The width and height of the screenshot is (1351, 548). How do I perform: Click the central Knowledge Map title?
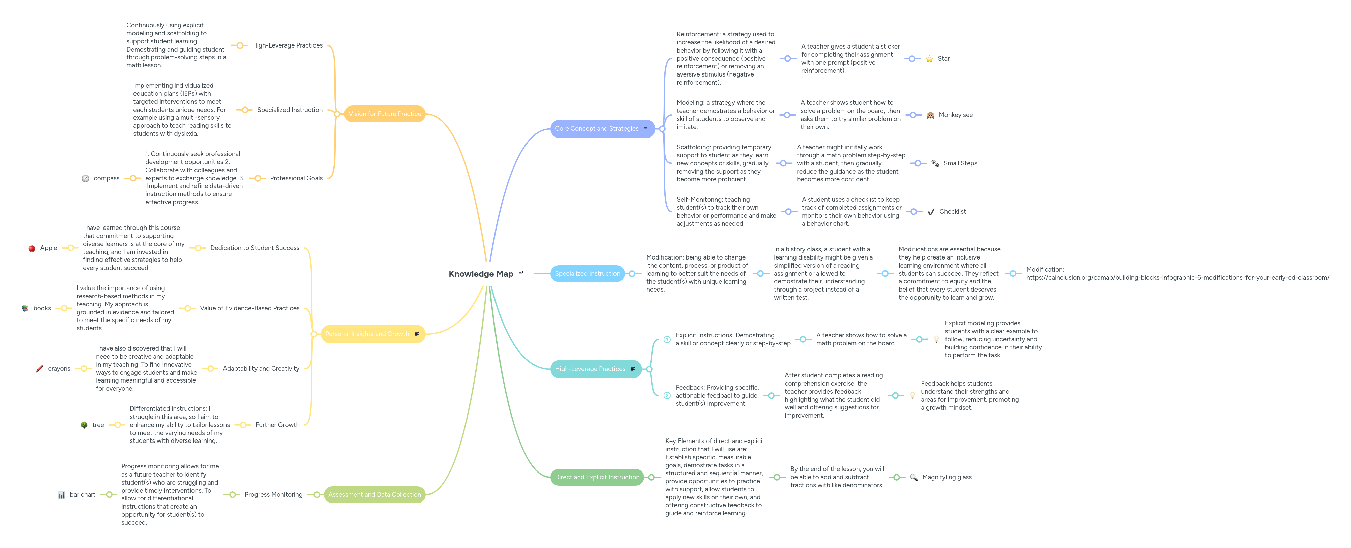(480, 274)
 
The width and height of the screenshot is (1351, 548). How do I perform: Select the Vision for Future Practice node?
(384, 114)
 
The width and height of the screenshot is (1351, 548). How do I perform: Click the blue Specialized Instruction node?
(587, 273)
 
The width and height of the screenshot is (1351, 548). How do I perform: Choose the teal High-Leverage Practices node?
(590, 369)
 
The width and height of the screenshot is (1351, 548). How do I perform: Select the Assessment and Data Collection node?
(374, 494)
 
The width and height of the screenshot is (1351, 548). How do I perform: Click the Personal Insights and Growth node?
(367, 334)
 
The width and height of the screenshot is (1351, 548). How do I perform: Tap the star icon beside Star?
(929, 59)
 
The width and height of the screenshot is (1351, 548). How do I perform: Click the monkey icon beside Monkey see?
(930, 115)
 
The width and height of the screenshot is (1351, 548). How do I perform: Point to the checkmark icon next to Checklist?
(931, 212)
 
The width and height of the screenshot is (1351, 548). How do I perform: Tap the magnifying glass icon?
(913, 477)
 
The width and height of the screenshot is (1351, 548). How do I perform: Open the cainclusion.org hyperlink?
(1177, 277)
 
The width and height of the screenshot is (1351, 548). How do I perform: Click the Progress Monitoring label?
(273, 494)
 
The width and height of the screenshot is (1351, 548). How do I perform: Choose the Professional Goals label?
(296, 178)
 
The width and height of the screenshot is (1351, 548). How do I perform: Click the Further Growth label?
(277, 425)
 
